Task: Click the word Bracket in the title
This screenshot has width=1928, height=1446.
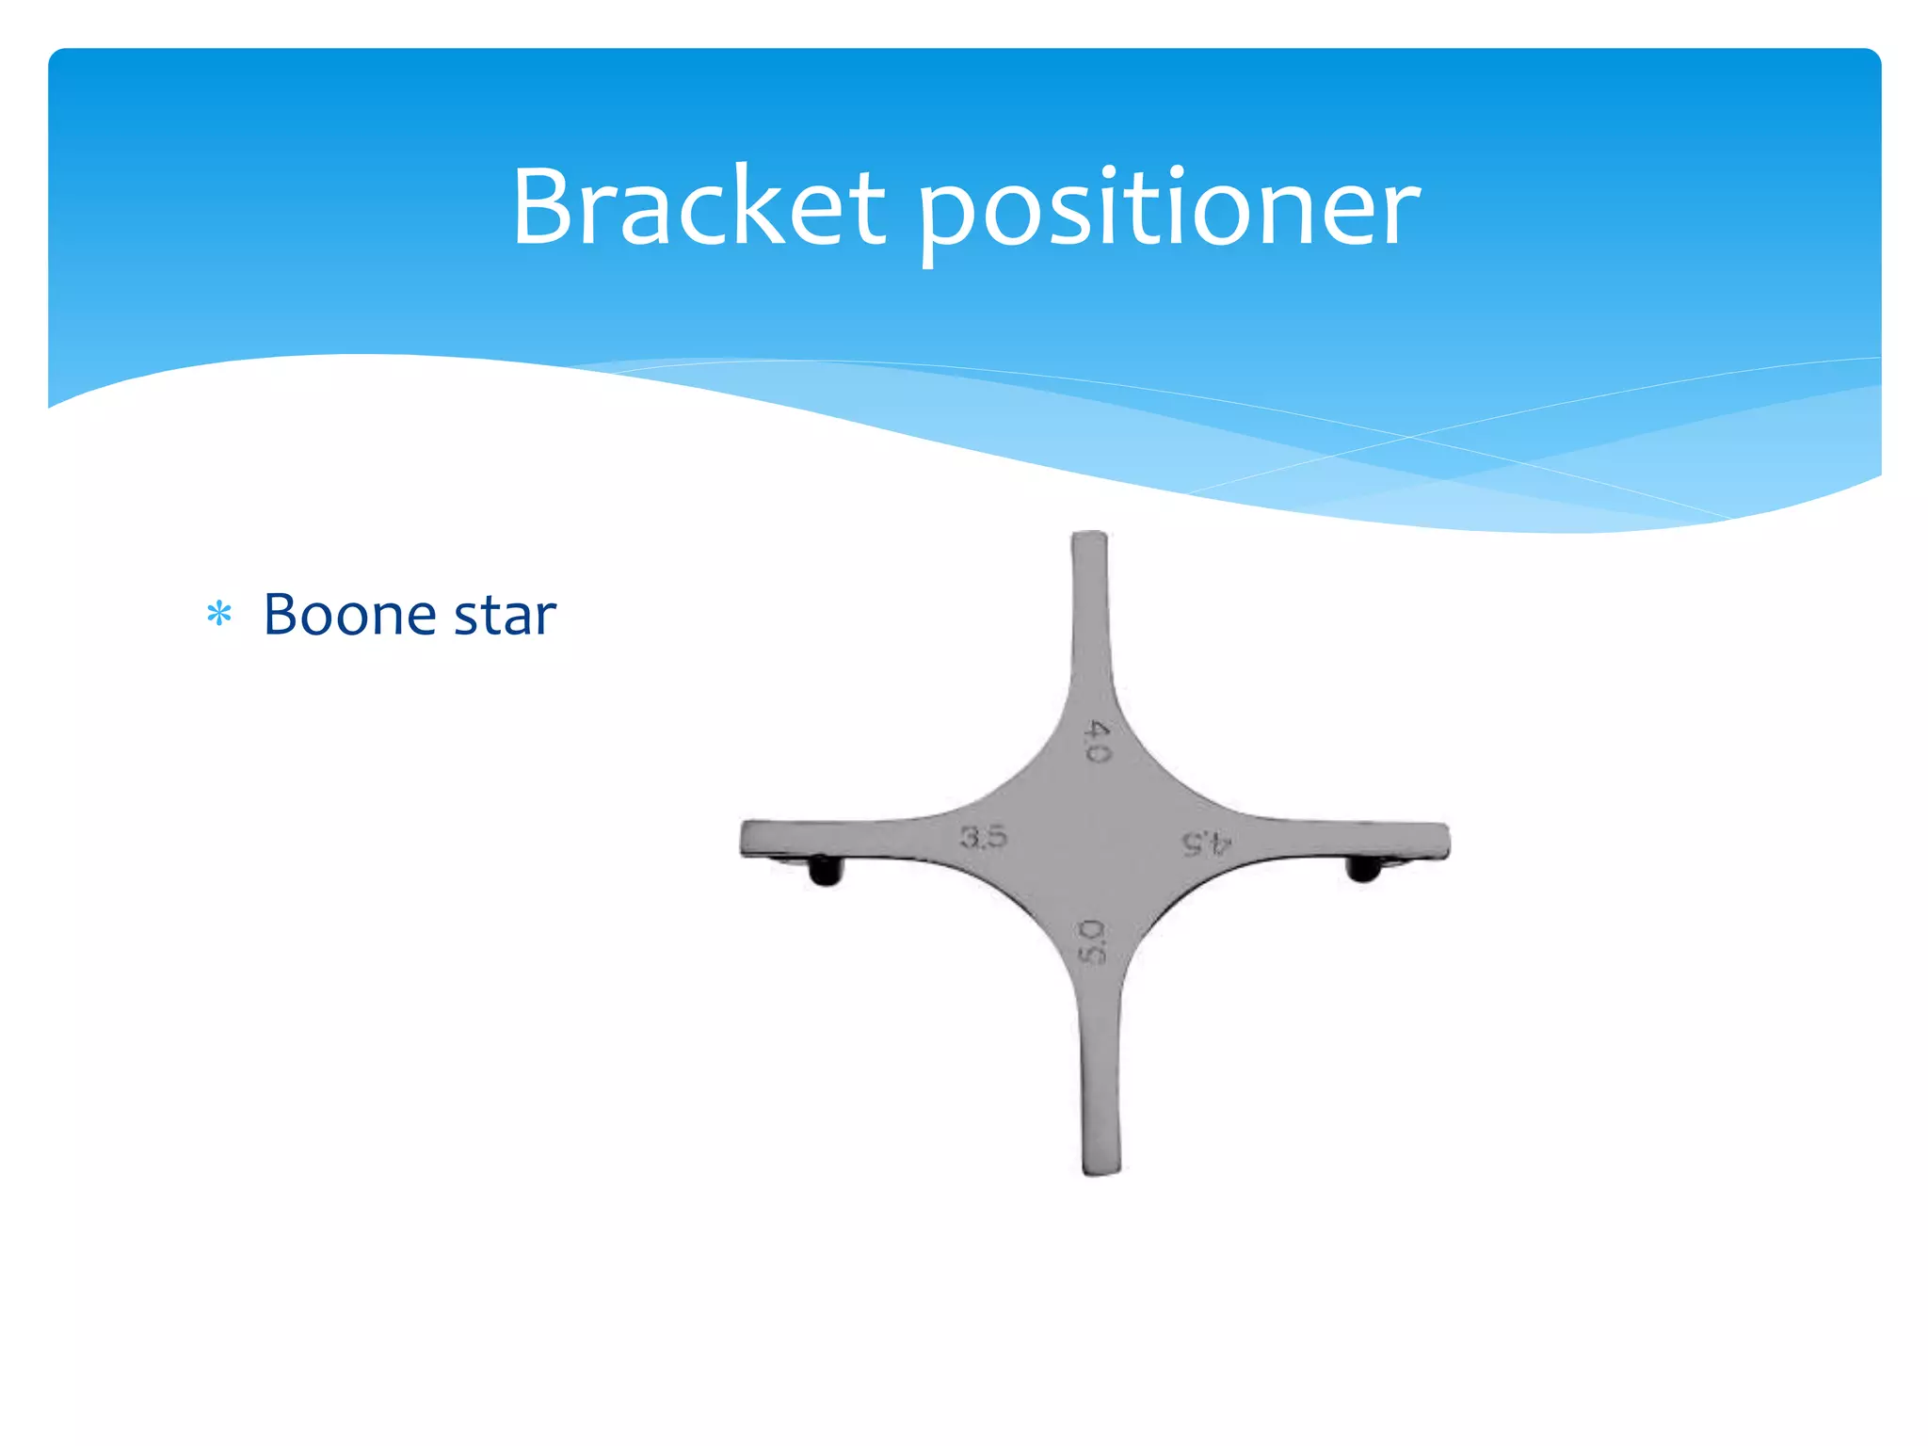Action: click(698, 206)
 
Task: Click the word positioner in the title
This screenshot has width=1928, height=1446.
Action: click(1167, 212)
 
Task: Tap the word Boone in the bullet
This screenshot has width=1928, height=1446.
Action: click(349, 615)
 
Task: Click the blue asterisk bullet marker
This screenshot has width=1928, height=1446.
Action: click(219, 615)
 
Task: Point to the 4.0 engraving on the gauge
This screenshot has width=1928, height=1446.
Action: click(1098, 741)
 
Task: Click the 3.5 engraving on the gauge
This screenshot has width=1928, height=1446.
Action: click(983, 837)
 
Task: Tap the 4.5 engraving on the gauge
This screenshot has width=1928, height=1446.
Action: click(1206, 843)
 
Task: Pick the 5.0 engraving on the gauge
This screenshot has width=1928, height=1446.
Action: click(1091, 941)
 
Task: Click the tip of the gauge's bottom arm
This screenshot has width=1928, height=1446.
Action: click(1101, 1167)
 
